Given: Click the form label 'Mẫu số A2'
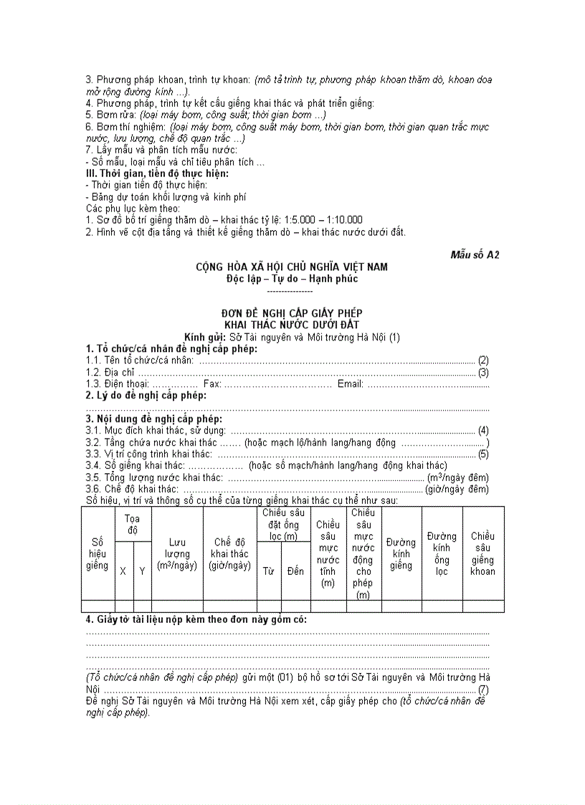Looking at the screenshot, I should coord(475,254).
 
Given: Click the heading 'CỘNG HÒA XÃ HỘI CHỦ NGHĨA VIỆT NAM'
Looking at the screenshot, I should coord(292,267).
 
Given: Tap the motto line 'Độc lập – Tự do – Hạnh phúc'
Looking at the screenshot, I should coord(292,278).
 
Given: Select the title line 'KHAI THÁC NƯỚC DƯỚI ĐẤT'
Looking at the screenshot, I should coord(292,325).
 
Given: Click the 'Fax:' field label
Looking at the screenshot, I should coord(213,384).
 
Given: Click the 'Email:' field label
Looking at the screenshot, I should coord(351,384).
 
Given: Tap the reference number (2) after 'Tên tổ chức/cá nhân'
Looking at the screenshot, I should coord(483,360).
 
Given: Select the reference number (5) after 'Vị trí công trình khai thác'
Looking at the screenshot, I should coord(483,454).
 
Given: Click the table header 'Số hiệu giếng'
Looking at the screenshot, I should coord(97,554).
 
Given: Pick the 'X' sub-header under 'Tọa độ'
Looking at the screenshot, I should coord(123,571).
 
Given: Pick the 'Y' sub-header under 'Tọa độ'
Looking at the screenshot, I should coord(142,571).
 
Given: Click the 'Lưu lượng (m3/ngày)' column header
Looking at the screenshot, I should coord(177,554).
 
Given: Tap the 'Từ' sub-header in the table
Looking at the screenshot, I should coord(269,571).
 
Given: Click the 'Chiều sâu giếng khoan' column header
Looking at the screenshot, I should coord(482,553).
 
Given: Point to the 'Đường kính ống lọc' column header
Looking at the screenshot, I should coord(442,553).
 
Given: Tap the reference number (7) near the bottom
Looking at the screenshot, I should coord(483,689).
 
